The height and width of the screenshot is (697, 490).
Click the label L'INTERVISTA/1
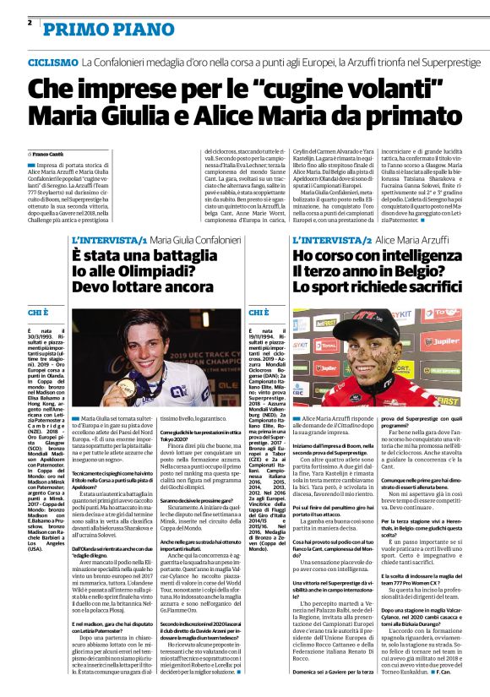[108, 241]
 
